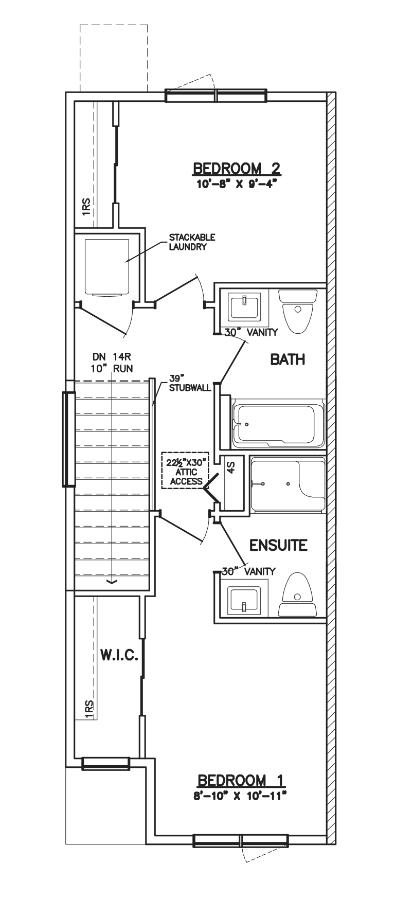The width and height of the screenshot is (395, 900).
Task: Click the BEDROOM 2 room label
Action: (236, 168)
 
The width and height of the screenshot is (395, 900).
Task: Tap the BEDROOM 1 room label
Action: (241, 780)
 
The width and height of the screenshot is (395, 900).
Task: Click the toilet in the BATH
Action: (297, 310)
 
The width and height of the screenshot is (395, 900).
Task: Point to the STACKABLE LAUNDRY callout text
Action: (192, 242)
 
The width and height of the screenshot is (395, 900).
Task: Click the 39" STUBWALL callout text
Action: (190, 383)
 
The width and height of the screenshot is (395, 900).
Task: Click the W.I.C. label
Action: (118, 655)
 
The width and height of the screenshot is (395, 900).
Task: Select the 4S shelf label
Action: (231, 467)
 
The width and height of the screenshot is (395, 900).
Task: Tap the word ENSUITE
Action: (278, 545)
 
